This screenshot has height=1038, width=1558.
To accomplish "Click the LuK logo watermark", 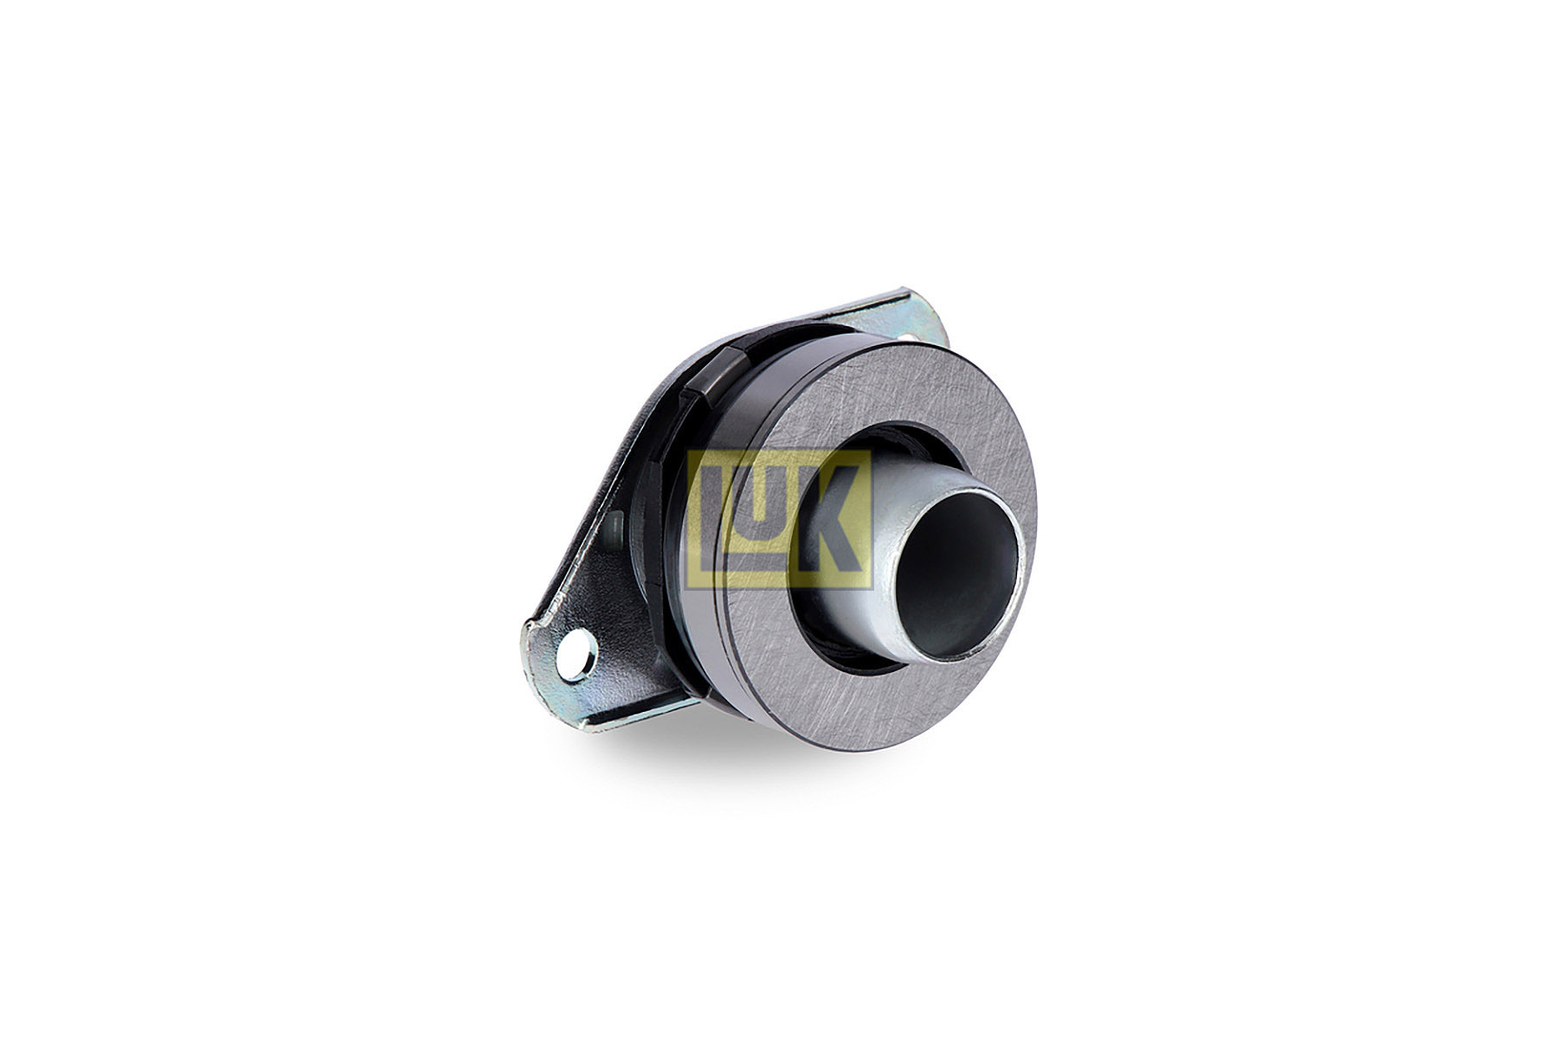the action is click(x=779, y=518).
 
